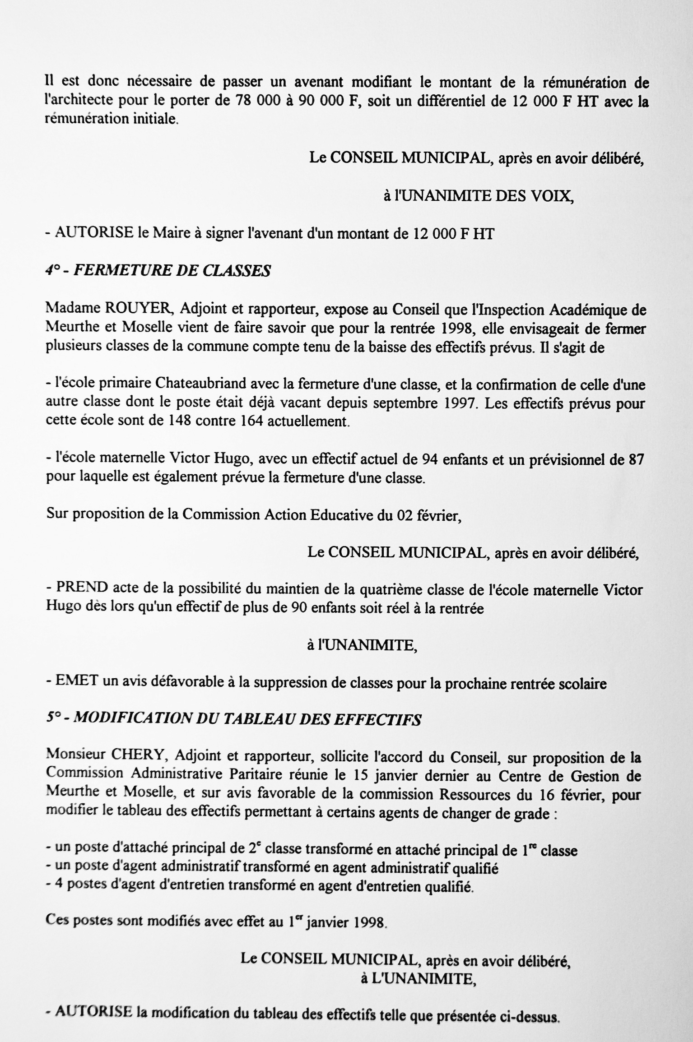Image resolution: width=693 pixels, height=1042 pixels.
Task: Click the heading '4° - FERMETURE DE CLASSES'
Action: pos(158,271)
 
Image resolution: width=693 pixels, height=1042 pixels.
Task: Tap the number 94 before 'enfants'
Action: pos(429,459)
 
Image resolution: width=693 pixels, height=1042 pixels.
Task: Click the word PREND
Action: pos(82,589)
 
